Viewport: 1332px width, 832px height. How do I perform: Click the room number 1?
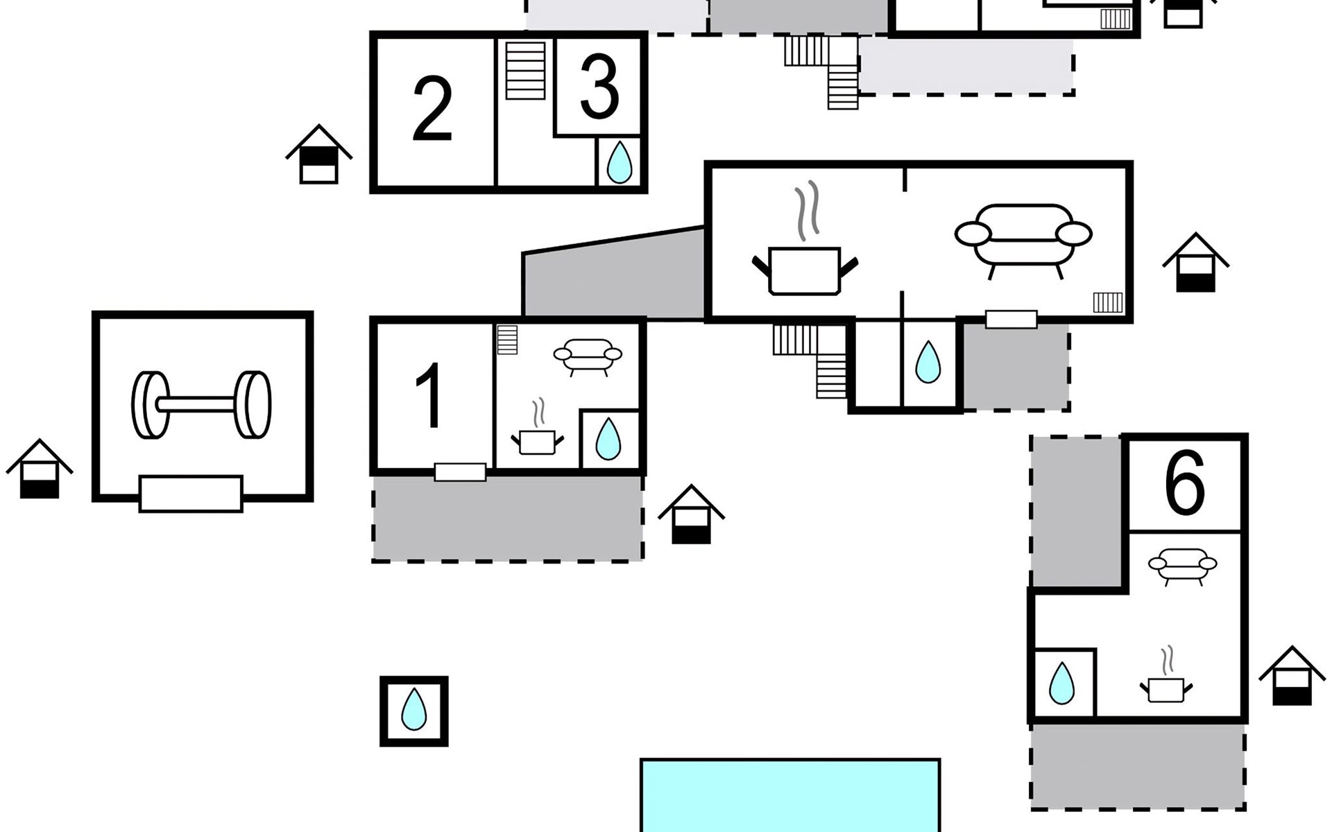point(430,396)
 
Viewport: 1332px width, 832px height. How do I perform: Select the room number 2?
point(432,109)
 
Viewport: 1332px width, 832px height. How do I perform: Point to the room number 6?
point(1184,483)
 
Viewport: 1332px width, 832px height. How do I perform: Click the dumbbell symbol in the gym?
point(201,405)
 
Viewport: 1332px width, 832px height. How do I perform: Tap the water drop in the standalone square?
point(414,709)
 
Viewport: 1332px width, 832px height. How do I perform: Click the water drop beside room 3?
point(619,162)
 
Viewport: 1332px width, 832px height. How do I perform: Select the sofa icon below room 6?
point(1182,566)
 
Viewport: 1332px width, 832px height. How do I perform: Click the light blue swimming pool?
point(790,795)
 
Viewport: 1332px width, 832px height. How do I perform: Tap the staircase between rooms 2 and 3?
point(525,71)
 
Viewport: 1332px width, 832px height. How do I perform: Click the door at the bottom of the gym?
point(191,494)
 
